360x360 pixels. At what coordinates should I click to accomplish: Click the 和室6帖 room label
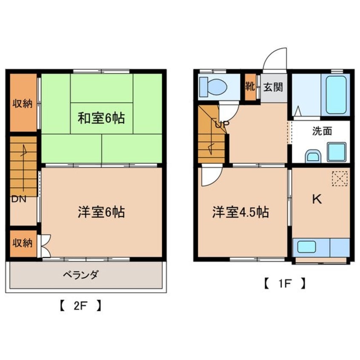tap(101, 118)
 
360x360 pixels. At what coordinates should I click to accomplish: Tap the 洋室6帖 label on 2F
tap(101, 212)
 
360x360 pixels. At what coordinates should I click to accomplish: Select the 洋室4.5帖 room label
tap(240, 212)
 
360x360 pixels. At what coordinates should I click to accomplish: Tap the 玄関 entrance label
tap(273, 88)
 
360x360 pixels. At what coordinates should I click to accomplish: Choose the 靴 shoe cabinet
tap(250, 87)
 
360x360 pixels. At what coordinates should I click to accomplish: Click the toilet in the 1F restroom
tap(214, 87)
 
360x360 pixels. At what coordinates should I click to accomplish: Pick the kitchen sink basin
tap(306, 247)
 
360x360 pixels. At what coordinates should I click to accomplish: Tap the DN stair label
tap(17, 198)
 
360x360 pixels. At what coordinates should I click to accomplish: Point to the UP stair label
tap(222, 125)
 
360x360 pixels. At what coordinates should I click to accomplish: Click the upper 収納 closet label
tap(22, 103)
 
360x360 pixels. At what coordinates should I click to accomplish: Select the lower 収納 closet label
tap(22, 243)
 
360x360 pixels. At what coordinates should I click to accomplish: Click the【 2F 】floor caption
tap(80, 305)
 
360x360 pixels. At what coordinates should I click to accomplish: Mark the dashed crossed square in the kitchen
tap(339, 178)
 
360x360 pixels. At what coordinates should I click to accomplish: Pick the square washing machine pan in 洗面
tap(336, 151)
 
